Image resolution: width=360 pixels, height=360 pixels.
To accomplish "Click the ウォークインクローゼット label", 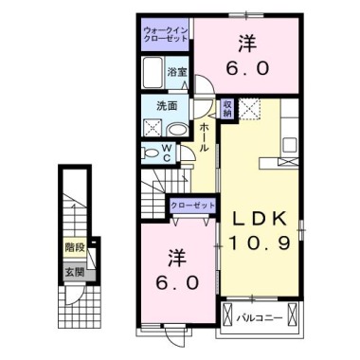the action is (x=166, y=34).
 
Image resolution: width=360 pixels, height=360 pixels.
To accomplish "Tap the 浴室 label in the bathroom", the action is (x=177, y=72).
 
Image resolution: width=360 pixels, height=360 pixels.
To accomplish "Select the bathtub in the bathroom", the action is (x=153, y=73).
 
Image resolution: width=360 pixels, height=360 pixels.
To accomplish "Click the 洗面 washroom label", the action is (x=167, y=106).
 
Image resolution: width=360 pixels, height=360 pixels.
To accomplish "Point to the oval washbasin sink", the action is (x=177, y=129).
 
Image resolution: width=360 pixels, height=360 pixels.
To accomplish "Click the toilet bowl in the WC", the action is (x=151, y=153).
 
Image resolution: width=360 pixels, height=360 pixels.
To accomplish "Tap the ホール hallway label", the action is (x=205, y=137).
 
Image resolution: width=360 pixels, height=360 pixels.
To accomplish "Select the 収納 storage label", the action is (x=227, y=108).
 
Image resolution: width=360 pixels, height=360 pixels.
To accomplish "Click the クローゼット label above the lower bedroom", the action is (x=192, y=206).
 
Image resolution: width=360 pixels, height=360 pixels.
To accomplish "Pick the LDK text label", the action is (x=260, y=219).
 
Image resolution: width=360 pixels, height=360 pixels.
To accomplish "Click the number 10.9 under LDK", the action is (x=259, y=243).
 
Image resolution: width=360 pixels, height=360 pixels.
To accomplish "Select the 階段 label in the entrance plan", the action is (x=75, y=247).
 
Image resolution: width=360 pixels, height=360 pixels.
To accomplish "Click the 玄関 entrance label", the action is (x=75, y=272).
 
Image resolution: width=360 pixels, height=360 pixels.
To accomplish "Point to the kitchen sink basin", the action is (x=290, y=146).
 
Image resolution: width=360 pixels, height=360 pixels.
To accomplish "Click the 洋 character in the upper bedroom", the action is (x=247, y=44).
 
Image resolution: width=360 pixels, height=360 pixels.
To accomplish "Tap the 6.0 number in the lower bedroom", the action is (x=178, y=282).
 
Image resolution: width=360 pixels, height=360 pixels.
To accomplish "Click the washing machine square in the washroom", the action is (x=153, y=128).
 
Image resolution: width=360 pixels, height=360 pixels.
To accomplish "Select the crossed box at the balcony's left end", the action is (x=227, y=314).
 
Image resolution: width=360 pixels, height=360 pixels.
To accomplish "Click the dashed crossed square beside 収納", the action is (x=249, y=109).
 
